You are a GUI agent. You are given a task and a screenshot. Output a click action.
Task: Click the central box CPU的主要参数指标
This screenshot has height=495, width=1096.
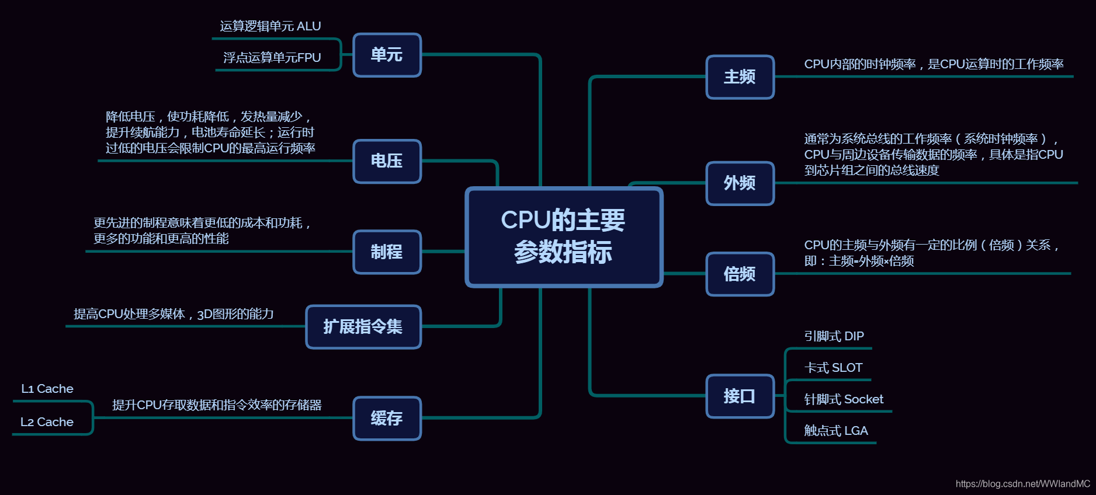tap(564, 237)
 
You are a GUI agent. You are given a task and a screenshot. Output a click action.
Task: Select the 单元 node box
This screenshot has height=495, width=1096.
tap(387, 55)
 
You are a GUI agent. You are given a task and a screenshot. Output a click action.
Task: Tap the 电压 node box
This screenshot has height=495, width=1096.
tap(387, 161)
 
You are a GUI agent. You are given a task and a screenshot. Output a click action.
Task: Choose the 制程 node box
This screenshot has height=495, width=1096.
tap(387, 252)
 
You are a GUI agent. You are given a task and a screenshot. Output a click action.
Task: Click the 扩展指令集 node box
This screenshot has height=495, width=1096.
tap(363, 327)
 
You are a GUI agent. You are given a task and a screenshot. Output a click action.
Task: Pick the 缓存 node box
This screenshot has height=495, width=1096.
tap(387, 418)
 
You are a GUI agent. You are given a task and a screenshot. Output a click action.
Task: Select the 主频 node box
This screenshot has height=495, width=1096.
tap(740, 77)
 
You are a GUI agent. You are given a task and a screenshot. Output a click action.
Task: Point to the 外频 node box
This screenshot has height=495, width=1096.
tap(740, 183)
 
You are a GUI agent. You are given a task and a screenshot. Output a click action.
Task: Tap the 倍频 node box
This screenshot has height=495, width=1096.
tap(740, 274)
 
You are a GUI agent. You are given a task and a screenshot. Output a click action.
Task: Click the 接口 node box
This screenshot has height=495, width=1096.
tap(740, 396)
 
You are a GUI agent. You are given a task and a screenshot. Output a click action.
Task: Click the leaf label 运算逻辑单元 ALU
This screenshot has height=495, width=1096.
tap(270, 26)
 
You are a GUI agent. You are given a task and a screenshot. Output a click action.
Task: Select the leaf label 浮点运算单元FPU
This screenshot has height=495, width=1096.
tap(272, 58)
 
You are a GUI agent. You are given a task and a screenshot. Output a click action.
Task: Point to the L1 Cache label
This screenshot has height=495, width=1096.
tap(47, 389)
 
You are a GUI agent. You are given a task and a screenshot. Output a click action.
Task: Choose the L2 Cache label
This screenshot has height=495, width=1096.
tap(47, 422)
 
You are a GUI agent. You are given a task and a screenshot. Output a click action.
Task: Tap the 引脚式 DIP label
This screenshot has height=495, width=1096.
tap(834, 336)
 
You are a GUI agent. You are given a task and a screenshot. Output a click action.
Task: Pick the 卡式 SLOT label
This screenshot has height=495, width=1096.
tap(833, 368)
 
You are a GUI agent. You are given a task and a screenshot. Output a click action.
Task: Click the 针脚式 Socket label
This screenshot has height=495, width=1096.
tap(844, 399)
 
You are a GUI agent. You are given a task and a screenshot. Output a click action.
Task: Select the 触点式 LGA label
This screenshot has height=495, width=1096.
tap(836, 431)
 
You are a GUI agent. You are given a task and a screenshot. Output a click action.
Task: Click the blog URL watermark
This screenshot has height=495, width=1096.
tap(1022, 484)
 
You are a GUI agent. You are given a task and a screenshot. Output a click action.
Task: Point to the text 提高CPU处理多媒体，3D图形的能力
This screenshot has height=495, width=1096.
tap(174, 314)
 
